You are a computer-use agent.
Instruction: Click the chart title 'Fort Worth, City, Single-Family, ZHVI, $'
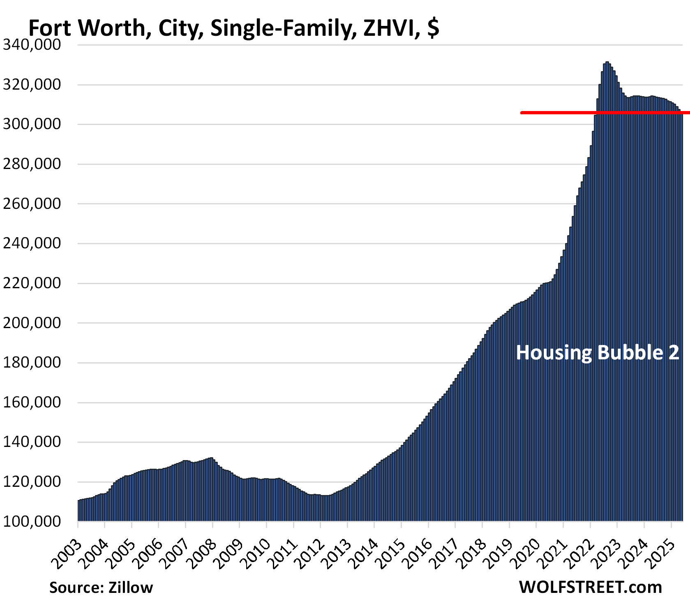click(x=233, y=28)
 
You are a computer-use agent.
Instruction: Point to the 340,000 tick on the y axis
click(x=32, y=44)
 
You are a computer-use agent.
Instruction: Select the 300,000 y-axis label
click(x=32, y=124)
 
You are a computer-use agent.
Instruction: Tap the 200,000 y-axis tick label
click(x=32, y=323)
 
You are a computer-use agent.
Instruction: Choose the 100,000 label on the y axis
click(x=32, y=521)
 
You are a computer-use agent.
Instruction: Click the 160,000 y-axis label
click(x=32, y=402)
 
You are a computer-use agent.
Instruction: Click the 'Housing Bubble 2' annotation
click(x=597, y=353)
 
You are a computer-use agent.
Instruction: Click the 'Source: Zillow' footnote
click(x=101, y=587)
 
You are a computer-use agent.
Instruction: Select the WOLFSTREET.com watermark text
click(x=591, y=587)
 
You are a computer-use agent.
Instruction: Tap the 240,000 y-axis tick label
click(x=32, y=243)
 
